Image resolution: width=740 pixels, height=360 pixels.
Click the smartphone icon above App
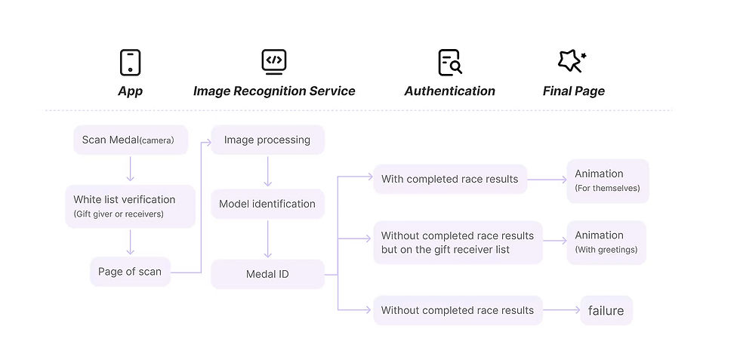pos(130,63)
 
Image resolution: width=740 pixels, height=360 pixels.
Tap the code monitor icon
pos(274,62)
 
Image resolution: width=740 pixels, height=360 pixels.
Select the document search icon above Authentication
pos(450,63)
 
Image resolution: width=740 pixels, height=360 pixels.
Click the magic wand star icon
pos(572,61)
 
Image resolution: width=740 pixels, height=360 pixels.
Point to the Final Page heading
pos(573,91)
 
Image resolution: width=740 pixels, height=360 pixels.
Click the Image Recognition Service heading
pos(274,91)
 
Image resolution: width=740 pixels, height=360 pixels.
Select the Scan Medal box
pos(131,140)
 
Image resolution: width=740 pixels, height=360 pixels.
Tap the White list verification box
pos(130,206)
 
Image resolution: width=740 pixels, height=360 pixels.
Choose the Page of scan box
pos(130,272)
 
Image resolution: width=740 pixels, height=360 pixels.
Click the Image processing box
pos(267,140)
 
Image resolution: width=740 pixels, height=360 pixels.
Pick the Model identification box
pos(267,204)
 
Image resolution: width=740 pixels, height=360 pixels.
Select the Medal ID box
pos(267,274)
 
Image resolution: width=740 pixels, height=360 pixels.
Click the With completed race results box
pos(450,179)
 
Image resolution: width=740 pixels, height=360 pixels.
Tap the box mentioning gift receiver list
pos(458,242)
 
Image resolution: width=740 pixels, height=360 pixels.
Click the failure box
pos(606,310)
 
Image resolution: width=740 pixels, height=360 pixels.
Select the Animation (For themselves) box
pos(608,181)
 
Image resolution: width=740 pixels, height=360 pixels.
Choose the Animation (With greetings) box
pos(606,242)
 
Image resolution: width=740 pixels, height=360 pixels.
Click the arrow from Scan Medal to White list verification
pos(131,169)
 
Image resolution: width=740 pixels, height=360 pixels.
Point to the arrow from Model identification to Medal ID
pos(267,239)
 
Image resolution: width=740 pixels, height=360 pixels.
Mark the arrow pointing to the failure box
pos(562,310)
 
